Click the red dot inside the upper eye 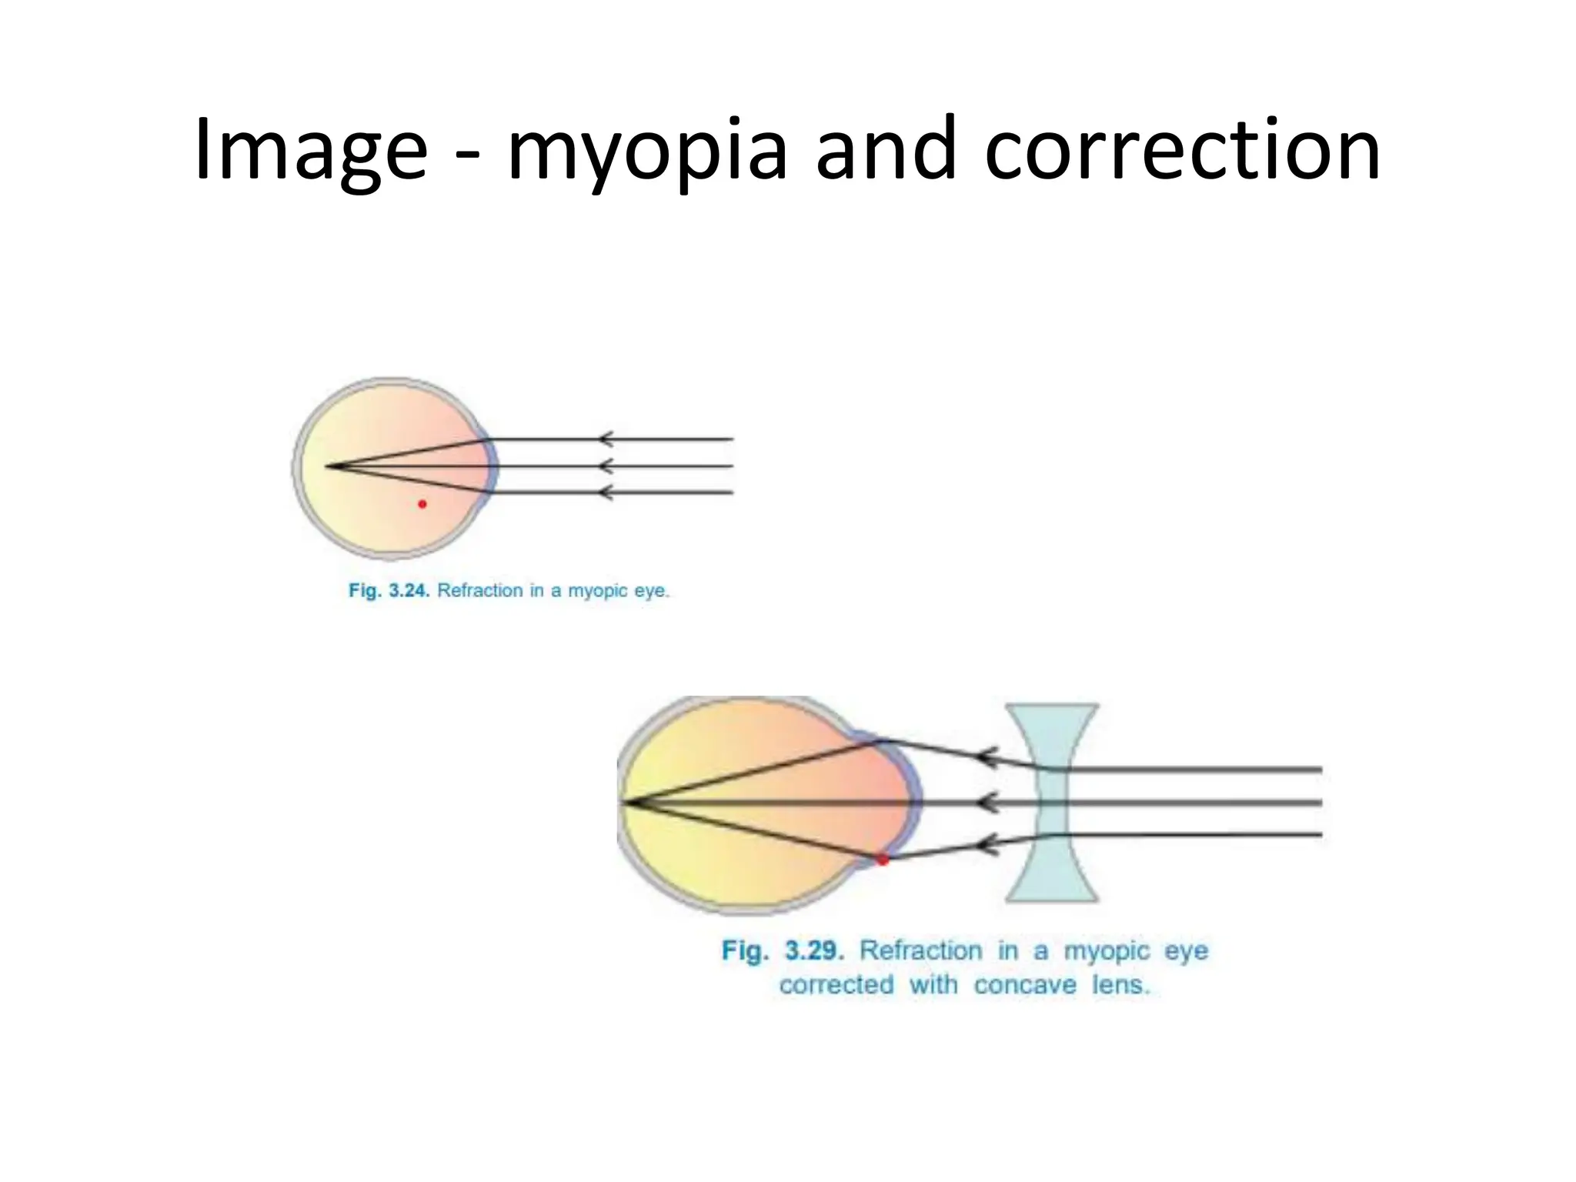click(422, 504)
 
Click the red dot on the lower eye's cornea click(883, 860)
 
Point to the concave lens click(1052, 803)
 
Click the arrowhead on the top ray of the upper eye click(606, 439)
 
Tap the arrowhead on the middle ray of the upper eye click(606, 466)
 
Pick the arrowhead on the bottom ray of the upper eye click(606, 492)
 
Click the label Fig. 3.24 click(389, 591)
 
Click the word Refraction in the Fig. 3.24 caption click(480, 591)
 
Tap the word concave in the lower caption click(1025, 985)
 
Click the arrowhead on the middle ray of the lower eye click(987, 803)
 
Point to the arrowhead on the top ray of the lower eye click(987, 757)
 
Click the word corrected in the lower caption click(836, 985)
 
